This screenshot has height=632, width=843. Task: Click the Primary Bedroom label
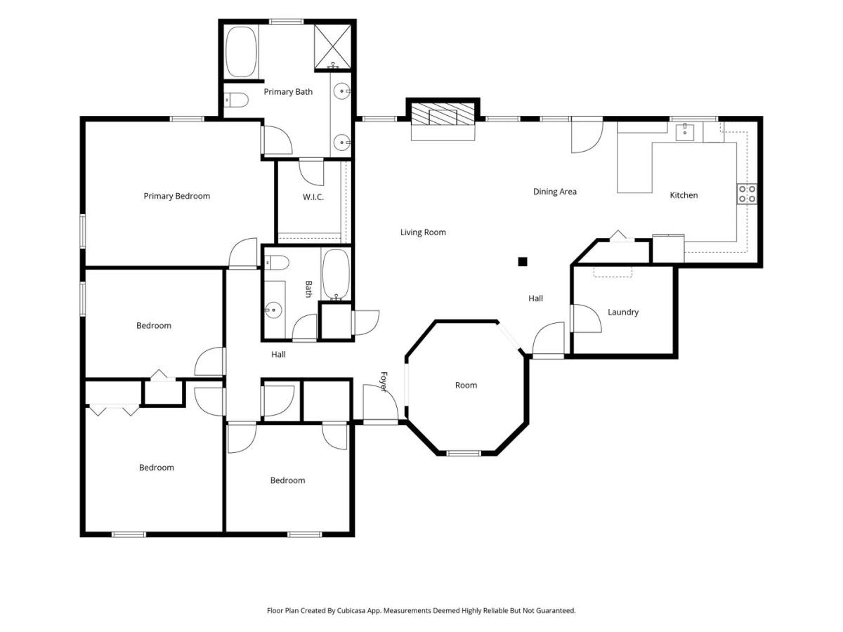176,196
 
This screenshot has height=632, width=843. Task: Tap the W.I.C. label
313,197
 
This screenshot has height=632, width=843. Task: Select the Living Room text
423,232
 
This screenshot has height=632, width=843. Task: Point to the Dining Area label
554,192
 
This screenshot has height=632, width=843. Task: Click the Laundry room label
623,312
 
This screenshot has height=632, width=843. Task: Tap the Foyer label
384,381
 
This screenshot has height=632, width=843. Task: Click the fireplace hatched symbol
443,114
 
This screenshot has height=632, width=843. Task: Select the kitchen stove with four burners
747,194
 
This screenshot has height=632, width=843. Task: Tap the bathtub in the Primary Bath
241,51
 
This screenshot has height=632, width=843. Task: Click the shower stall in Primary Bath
332,47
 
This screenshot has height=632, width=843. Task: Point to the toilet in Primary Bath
236,100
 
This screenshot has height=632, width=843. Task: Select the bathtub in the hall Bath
336,275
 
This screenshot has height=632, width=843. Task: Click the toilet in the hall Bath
277,263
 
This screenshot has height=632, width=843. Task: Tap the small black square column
523,262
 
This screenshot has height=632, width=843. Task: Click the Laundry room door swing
587,318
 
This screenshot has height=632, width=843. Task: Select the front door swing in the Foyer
380,402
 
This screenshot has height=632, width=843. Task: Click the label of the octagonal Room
466,386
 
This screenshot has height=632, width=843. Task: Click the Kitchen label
684,195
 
